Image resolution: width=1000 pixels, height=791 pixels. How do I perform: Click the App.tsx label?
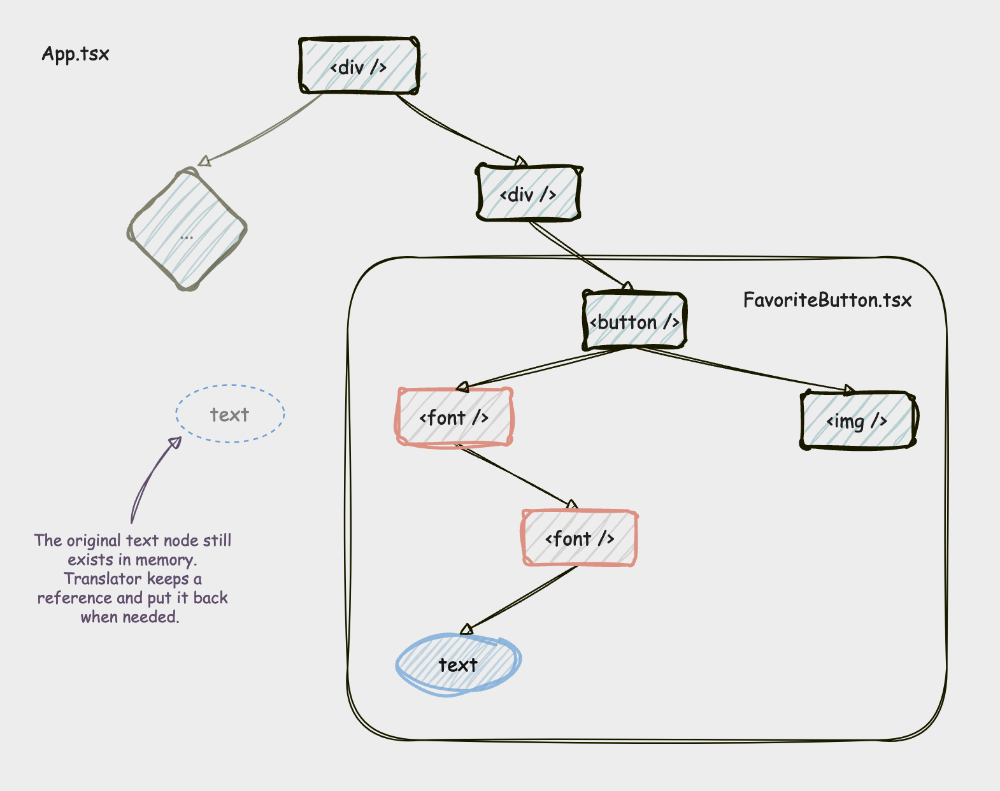click(x=75, y=54)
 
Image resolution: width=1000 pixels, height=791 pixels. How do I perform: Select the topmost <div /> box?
click(x=359, y=66)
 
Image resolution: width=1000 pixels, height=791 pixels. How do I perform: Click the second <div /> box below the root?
click(x=529, y=194)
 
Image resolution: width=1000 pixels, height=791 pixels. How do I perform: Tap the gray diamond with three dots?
click(x=187, y=229)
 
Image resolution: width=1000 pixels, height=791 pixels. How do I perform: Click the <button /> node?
click(x=634, y=322)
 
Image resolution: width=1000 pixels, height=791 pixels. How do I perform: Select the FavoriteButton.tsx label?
click(x=827, y=300)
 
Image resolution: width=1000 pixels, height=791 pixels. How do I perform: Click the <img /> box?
click(x=857, y=421)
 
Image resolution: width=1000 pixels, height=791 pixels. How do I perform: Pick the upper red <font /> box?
click(x=454, y=418)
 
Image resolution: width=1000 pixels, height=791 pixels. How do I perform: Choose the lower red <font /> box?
click(x=579, y=539)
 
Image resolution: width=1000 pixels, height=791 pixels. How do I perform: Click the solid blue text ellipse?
click(x=458, y=665)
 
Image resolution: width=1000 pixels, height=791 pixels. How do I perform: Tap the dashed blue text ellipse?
click(x=230, y=415)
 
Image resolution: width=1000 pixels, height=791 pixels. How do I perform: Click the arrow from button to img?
click(x=745, y=369)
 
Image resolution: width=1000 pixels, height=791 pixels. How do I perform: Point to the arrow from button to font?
click(x=541, y=368)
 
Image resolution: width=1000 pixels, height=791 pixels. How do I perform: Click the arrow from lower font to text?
click(x=522, y=599)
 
